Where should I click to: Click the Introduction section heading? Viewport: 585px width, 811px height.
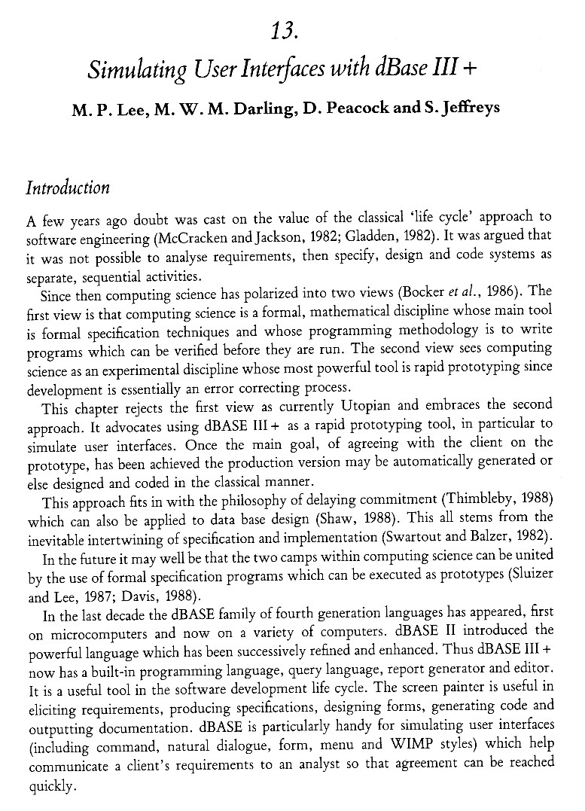click(68, 188)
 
